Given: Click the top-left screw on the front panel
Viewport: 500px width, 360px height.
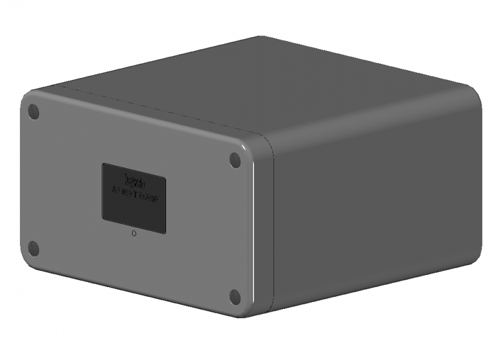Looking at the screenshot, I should tap(34, 111).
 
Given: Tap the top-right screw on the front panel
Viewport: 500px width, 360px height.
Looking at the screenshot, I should tap(235, 160).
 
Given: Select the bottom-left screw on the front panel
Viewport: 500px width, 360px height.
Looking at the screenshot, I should tap(33, 249).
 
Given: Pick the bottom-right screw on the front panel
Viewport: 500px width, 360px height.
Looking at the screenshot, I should tap(234, 297).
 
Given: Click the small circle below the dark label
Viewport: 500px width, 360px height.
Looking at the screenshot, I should tap(134, 234).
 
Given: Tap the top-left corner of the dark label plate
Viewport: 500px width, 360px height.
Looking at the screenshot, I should tap(104, 165).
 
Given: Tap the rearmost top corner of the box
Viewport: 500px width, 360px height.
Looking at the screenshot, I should tap(261, 38).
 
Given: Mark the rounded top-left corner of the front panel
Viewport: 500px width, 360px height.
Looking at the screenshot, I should tap(26, 98).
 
